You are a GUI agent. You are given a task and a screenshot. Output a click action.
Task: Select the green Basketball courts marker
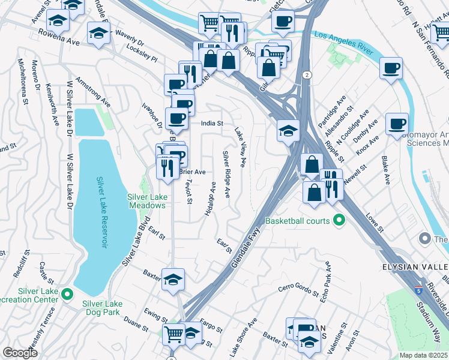pos(339,221)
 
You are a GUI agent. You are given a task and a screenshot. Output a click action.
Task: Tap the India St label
pos(212,124)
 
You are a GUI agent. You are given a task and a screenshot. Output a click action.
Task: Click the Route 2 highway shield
pos(307,74)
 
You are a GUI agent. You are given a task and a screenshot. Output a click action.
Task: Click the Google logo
pos(20,352)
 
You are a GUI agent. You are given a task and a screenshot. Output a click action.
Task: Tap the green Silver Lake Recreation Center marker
pos(68,294)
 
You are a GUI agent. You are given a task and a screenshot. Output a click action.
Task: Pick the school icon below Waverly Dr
pos(98,33)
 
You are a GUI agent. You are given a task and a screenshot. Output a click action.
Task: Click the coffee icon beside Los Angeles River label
pos(391,67)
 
